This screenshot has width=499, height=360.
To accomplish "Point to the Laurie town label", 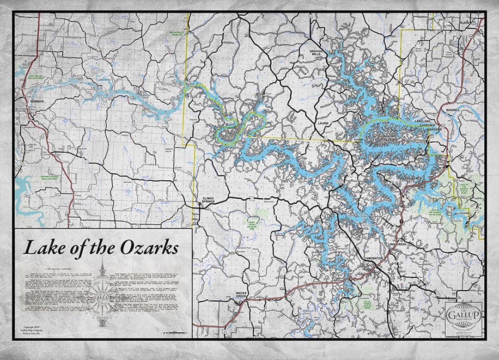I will [323, 123].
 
